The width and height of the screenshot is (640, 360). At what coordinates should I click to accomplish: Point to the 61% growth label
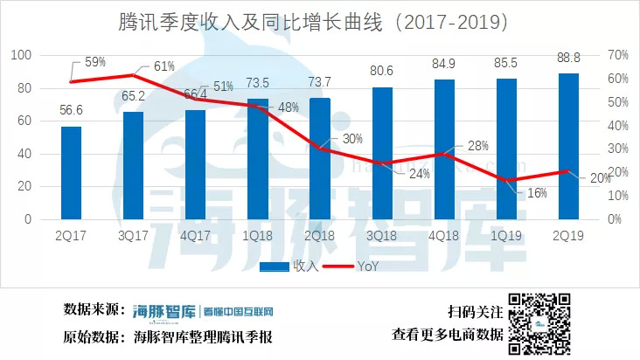click(163, 66)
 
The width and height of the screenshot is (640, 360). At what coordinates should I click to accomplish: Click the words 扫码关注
click(475, 311)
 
